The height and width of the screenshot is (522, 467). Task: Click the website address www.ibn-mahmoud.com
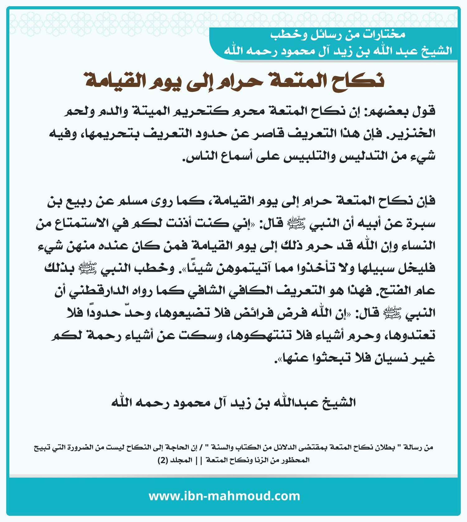(224, 496)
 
